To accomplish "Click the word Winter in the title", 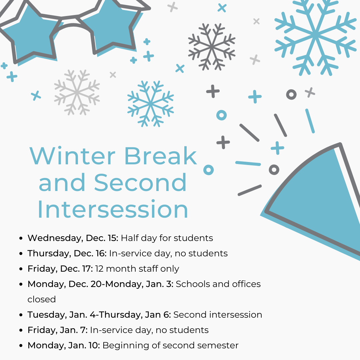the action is (72, 156).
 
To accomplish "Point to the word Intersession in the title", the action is (113, 209).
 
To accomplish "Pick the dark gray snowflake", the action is (212, 47).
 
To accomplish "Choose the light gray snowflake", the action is (77, 92).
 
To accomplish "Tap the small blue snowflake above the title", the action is (151, 104).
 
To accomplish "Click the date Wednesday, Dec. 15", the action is (73, 238).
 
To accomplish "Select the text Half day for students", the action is (167, 238).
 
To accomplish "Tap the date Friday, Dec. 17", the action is (60, 269).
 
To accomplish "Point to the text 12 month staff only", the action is (137, 269).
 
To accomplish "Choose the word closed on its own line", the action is (42, 299).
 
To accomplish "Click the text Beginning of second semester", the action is (170, 345).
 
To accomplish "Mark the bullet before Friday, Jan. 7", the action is (21, 330).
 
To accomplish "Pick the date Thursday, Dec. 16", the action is (67, 253).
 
